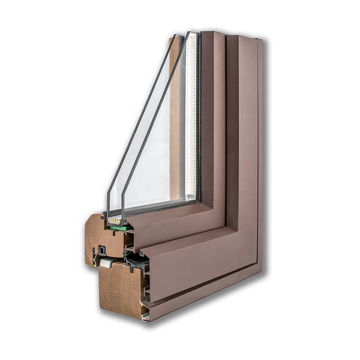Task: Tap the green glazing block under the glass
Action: pos(118,227)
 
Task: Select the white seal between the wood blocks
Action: pos(106,263)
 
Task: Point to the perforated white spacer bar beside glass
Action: pos(191,120)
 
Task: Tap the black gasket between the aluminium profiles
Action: pos(137,260)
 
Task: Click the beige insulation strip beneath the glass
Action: pos(113,221)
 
